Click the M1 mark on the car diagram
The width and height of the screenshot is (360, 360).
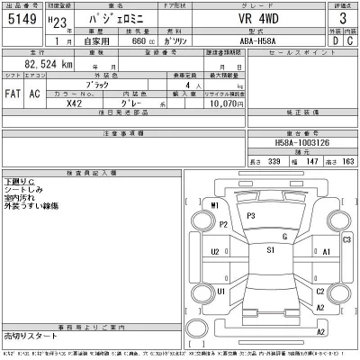(x=214, y=206)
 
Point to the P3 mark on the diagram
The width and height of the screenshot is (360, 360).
(x=251, y=217)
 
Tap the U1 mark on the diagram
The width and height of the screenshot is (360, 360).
(x=220, y=292)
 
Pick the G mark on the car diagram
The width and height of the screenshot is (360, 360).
(x=283, y=236)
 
